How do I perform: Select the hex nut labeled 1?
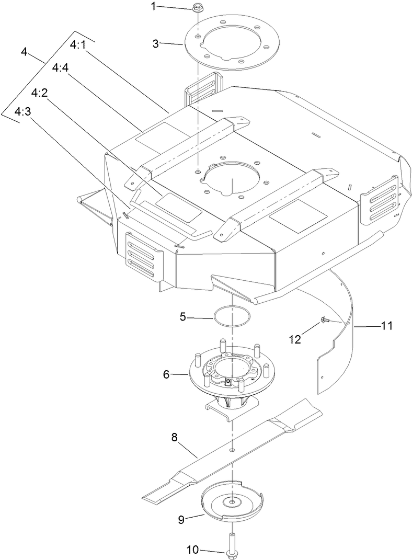point(198,8)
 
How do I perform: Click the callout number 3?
point(155,44)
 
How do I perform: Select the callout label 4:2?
point(40,93)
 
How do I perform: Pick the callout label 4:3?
point(24,112)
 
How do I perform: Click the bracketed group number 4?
point(24,52)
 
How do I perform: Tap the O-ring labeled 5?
point(231,318)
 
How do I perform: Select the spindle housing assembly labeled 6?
point(231,374)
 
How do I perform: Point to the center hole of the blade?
point(231,449)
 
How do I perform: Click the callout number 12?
point(295,339)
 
